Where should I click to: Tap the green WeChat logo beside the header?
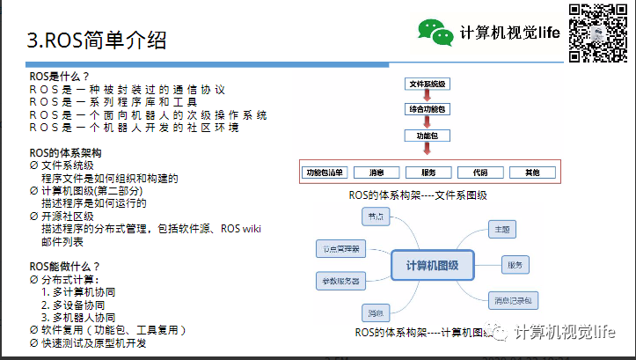click(435, 33)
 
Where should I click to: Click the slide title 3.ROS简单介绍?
click(97, 40)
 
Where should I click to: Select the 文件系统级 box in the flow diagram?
click(428, 84)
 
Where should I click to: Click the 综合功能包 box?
click(428, 109)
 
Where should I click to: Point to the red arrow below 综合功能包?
click(428, 122)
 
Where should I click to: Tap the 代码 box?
click(479, 172)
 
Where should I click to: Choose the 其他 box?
click(531, 172)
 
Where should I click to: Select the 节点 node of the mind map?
click(376, 217)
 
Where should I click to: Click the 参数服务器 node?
click(340, 281)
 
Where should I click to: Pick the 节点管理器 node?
click(340, 249)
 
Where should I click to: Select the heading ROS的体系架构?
click(66, 152)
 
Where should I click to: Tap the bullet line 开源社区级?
click(67, 216)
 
